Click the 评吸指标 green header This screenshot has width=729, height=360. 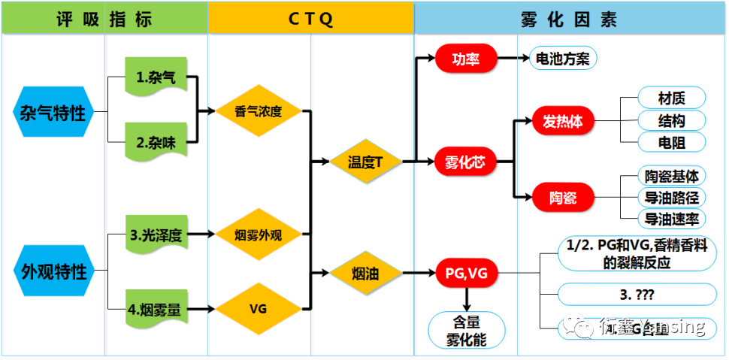coord(104,18)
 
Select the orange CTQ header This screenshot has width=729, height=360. coord(310,18)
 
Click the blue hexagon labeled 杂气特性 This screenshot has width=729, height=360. coord(52,114)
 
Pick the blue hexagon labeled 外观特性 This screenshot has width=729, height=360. coord(52,272)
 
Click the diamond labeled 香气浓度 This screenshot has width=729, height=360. coord(259,112)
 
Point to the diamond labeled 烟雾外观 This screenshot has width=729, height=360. coord(259,234)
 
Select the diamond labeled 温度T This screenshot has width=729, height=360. coord(365,162)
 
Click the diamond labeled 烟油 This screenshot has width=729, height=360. coord(365,274)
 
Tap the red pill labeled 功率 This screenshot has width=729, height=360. coord(466,59)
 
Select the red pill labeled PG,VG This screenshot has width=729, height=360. coord(466,274)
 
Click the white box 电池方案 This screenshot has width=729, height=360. coord(561,59)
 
